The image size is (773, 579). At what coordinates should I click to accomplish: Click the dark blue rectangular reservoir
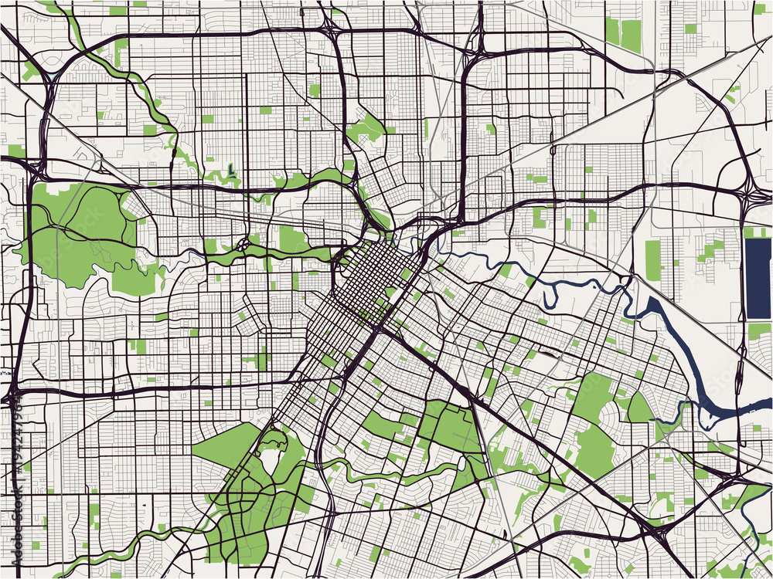tap(758, 278)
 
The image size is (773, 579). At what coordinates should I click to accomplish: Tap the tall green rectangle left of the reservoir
tap(653, 260)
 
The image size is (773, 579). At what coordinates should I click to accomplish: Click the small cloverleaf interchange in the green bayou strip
tap(243, 247)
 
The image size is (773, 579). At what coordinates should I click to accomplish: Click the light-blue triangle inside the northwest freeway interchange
tap(44, 72)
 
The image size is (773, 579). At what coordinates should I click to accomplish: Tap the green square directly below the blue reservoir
tap(758, 331)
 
